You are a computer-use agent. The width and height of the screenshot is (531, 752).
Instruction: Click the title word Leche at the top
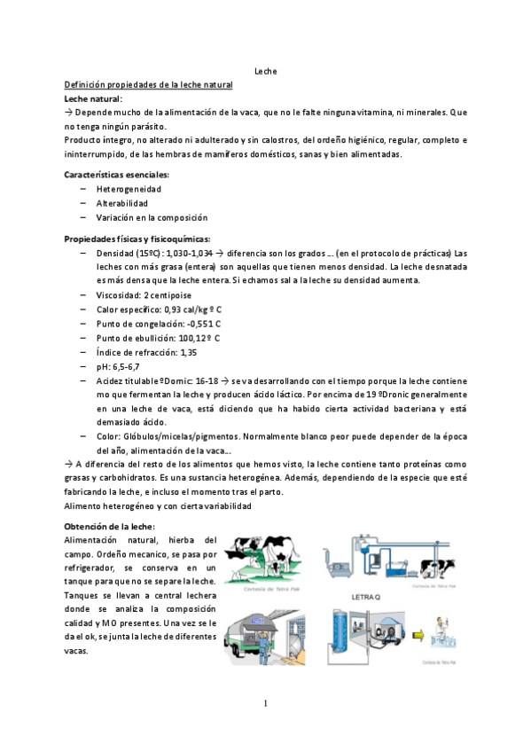point(266,70)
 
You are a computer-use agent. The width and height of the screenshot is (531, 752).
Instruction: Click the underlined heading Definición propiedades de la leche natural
point(149,84)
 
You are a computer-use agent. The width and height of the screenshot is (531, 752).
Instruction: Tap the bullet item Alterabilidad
point(122,203)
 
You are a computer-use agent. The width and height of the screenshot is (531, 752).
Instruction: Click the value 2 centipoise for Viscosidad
point(168,294)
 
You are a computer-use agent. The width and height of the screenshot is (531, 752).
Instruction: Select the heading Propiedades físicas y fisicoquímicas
point(137,239)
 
